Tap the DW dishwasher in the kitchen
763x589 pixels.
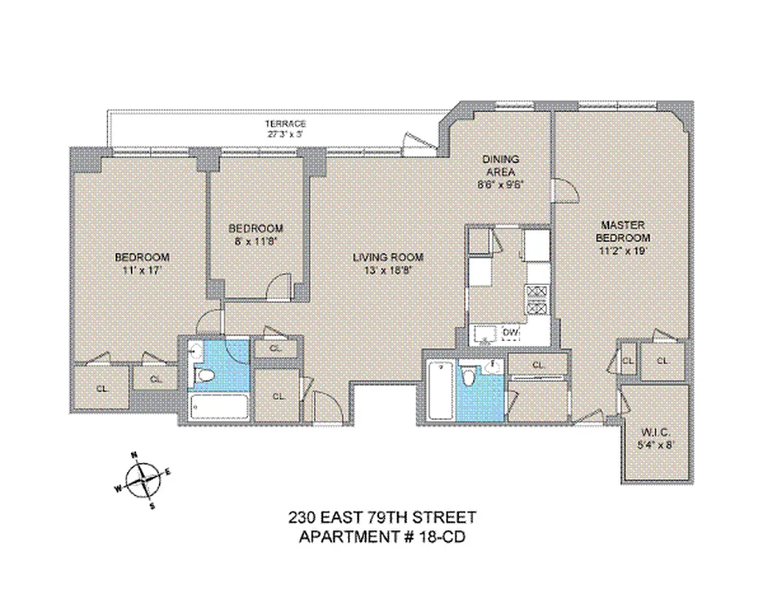click(x=511, y=334)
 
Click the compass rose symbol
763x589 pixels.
click(x=143, y=481)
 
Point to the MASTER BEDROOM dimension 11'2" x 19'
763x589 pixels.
click(x=625, y=250)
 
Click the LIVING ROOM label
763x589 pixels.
click(x=388, y=257)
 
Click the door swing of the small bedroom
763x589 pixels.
click(x=276, y=286)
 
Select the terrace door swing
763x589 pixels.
click(x=414, y=141)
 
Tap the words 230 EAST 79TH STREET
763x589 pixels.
click(x=381, y=518)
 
